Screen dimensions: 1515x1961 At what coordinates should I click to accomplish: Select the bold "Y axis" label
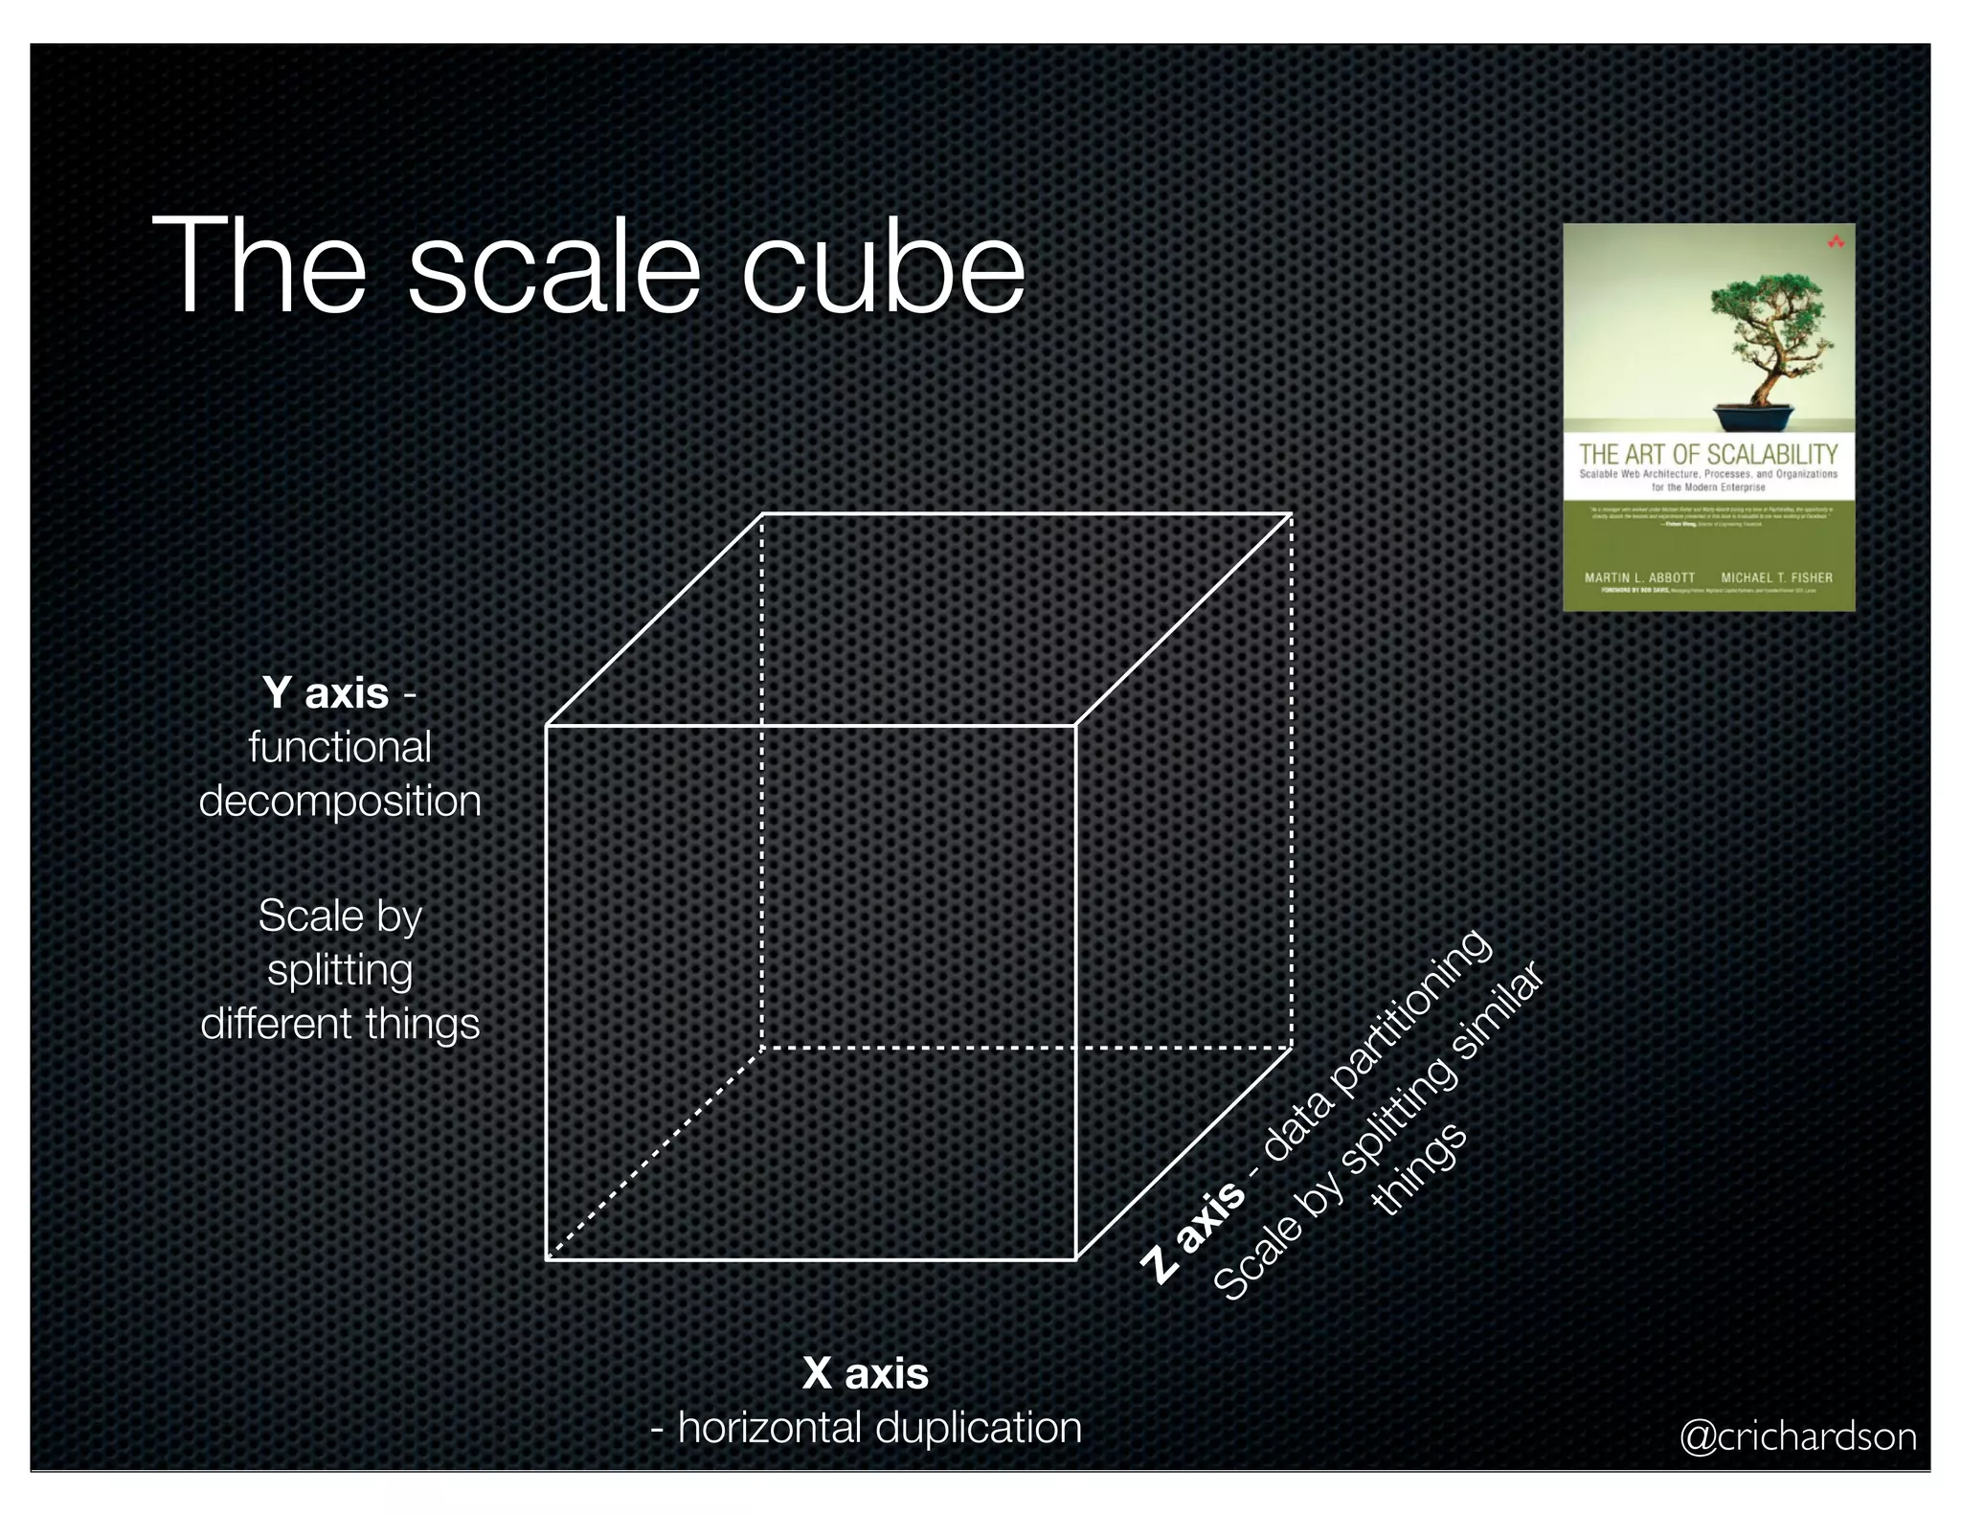click(327, 692)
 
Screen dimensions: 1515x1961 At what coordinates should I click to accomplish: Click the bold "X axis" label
click(866, 1372)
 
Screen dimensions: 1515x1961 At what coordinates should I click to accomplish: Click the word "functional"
click(340, 747)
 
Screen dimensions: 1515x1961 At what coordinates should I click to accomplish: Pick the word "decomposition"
click(340, 801)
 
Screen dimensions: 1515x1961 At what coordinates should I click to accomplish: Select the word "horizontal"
click(771, 1427)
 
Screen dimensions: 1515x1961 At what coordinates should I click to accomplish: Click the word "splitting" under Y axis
click(340, 970)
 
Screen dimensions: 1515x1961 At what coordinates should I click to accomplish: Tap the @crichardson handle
click(1798, 1436)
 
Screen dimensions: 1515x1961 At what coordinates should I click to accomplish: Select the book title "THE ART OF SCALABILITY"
click(1708, 454)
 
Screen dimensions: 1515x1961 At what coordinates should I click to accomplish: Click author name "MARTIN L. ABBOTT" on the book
click(1639, 577)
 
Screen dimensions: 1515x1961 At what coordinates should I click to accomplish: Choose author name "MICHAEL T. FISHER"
click(1776, 577)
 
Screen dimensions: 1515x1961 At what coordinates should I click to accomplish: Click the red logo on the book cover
click(1836, 242)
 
